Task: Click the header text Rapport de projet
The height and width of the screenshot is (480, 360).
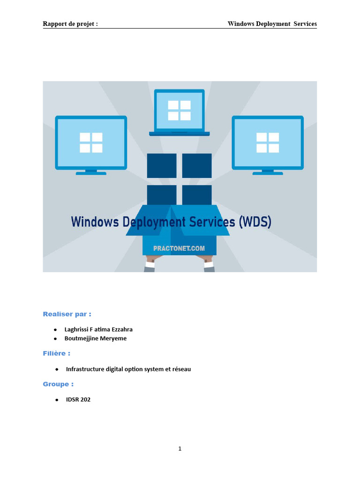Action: tap(70, 24)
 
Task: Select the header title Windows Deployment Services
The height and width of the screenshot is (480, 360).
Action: tap(272, 24)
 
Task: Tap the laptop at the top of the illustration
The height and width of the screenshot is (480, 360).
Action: tap(180, 112)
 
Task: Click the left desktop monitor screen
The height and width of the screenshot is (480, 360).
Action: tap(91, 142)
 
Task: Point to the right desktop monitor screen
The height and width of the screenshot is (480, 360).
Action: tap(268, 142)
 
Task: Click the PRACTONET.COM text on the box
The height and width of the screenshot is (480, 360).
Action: tap(180, 248)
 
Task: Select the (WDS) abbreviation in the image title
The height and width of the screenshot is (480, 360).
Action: tap(255, 221)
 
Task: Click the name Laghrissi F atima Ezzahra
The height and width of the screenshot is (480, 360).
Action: tap(98, 330)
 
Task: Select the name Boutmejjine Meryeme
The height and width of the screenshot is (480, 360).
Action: tap(96, 338)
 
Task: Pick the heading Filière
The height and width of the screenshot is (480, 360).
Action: tap(57, 353)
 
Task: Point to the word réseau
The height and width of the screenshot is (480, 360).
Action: tap(181, 369)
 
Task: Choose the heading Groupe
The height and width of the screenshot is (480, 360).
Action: tap(58, 384)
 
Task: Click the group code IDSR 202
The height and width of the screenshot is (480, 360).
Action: tap(78, 400)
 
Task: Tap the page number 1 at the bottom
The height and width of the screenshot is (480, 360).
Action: tap(180, 449)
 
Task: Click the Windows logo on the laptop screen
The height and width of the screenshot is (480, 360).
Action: tap(180, 110)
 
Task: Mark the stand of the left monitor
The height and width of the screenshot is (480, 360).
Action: tap(91, 172)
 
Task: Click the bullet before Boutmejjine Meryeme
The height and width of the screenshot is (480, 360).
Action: tap(55, 338)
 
